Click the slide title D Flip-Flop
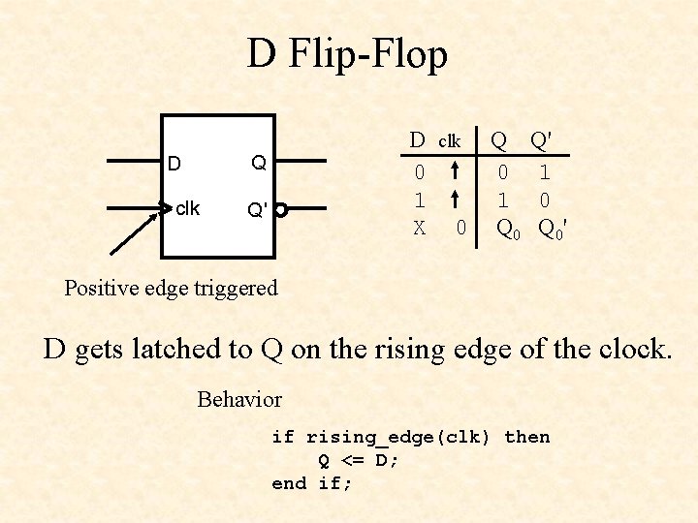click(x=347, y=54)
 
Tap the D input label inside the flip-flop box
click(x=174, y=164)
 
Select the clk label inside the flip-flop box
click(x=187, y=208)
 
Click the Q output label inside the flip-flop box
click(x=259, y=163)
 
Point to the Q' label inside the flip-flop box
click(x=257, y=209)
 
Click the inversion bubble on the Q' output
click(x=280, y=208)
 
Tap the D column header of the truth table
click(x=417, y=139)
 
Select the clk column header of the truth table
click(x=449, y=141)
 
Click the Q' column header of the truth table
click(x=541, y=140)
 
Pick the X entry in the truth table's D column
click(x=419, y=229)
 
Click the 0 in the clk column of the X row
click(x=461, y=229)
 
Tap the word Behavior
click(x=239, y=399)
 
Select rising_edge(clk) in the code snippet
click(x=400, y=437)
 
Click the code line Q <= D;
click(x=359, y=460)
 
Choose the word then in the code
click(x=527, y=437)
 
